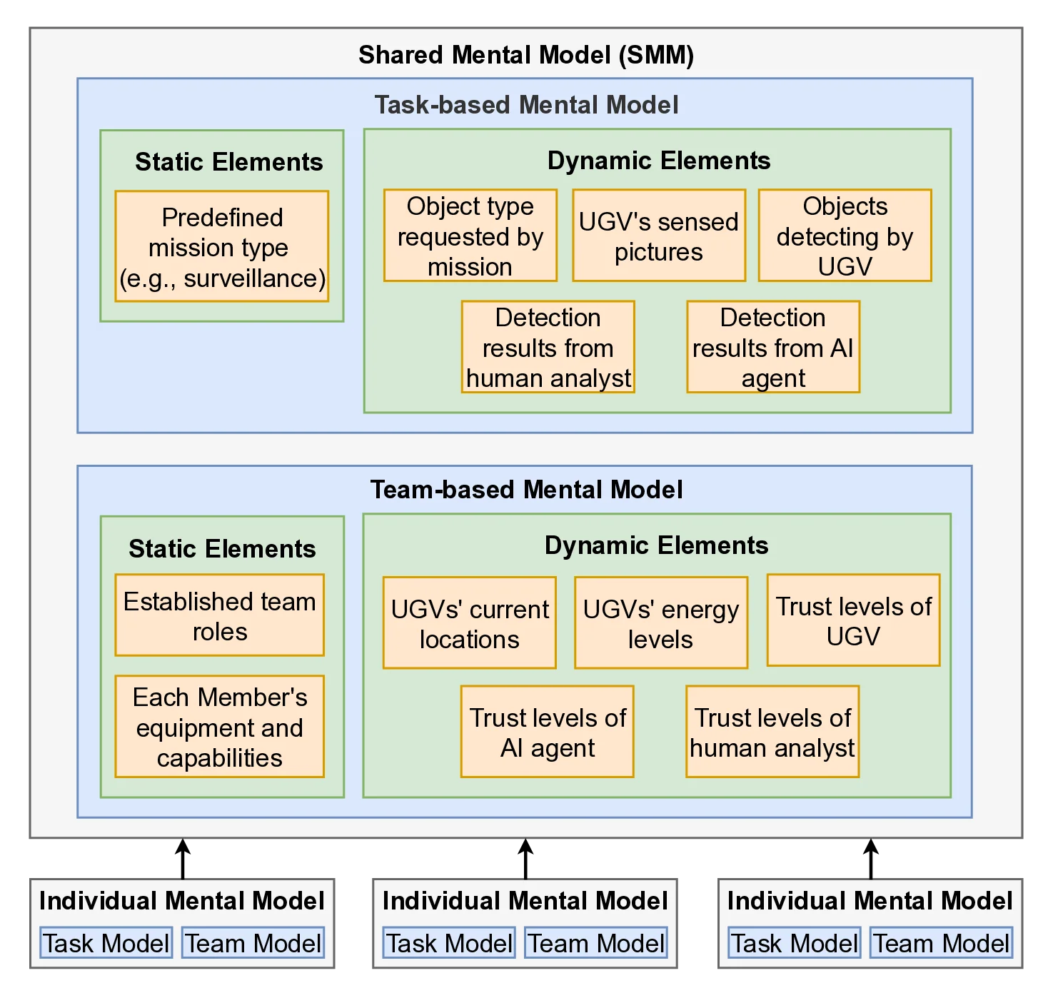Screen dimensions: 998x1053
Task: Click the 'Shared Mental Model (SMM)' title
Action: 526,55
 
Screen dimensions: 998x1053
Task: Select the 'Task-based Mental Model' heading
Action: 526,105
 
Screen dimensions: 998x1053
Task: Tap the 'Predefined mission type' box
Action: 221,246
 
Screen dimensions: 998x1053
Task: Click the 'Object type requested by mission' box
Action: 470,236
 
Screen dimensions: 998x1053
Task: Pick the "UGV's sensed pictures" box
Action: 658,236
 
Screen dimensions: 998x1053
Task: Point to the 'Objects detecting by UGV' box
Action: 845,236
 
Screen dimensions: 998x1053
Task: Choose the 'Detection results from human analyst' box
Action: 548,347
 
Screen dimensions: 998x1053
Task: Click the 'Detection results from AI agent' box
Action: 772,347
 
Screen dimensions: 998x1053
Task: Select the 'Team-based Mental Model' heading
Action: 526,490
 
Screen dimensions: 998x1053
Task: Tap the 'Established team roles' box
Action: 219,615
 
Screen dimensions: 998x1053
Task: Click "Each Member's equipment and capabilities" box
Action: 219,727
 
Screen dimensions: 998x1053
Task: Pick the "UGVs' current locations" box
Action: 469,623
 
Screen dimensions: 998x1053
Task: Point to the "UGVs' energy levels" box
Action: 660,623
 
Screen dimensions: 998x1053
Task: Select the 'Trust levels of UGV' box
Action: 853,620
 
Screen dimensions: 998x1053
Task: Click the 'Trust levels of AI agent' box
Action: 547,732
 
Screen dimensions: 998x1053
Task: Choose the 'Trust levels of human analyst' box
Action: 772,732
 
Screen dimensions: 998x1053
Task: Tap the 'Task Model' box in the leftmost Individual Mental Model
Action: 106,943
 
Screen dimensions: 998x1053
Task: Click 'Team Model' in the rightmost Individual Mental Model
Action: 941,943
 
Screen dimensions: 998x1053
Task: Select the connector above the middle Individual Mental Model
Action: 525,858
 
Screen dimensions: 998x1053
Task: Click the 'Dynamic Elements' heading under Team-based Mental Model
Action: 656,545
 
